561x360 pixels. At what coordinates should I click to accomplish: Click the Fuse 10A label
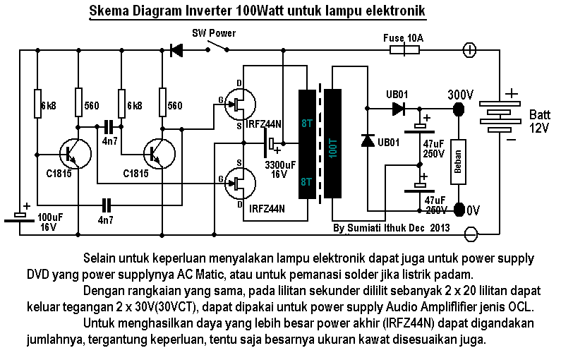click(402, 37)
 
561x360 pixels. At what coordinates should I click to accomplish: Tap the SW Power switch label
click(214, 33)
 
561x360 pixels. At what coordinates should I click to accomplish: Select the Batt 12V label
click(538, 121)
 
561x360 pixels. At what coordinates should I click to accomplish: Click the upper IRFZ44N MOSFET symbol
click(238, 106)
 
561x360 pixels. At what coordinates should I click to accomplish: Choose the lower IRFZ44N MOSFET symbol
click(238, 185)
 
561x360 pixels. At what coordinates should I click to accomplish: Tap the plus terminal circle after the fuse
click(469, 50)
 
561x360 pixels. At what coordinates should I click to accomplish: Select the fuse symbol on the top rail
click(403, 50)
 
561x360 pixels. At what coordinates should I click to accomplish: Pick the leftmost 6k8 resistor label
click(48, 105)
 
